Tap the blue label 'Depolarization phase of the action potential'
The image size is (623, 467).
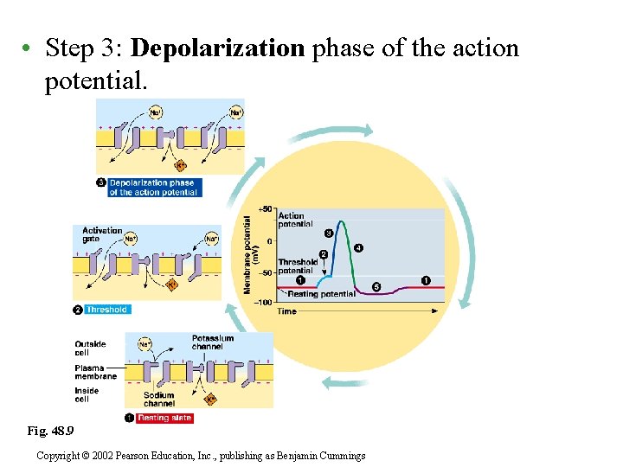(x=153, y=188)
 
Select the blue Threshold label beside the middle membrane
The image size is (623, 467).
(x=106, y=310)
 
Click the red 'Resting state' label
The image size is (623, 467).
(x=164, y=418)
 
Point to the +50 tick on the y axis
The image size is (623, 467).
(x=266, y=209)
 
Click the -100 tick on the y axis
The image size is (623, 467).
(x=262, y=303)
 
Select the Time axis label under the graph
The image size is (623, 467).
(x=287, y=311)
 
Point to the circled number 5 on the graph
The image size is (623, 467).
(x=376, y=286)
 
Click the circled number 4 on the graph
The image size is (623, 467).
(x=358, y=248)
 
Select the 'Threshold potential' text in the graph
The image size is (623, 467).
(x=297, y=266)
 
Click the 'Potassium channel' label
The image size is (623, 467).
(x=213, y=343)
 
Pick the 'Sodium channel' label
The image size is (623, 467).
(x=159, y=400)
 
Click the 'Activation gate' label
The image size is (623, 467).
(x=102, y=235)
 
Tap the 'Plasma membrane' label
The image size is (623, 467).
(x=95, y=373)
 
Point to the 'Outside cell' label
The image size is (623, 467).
(x=90, y=349)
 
